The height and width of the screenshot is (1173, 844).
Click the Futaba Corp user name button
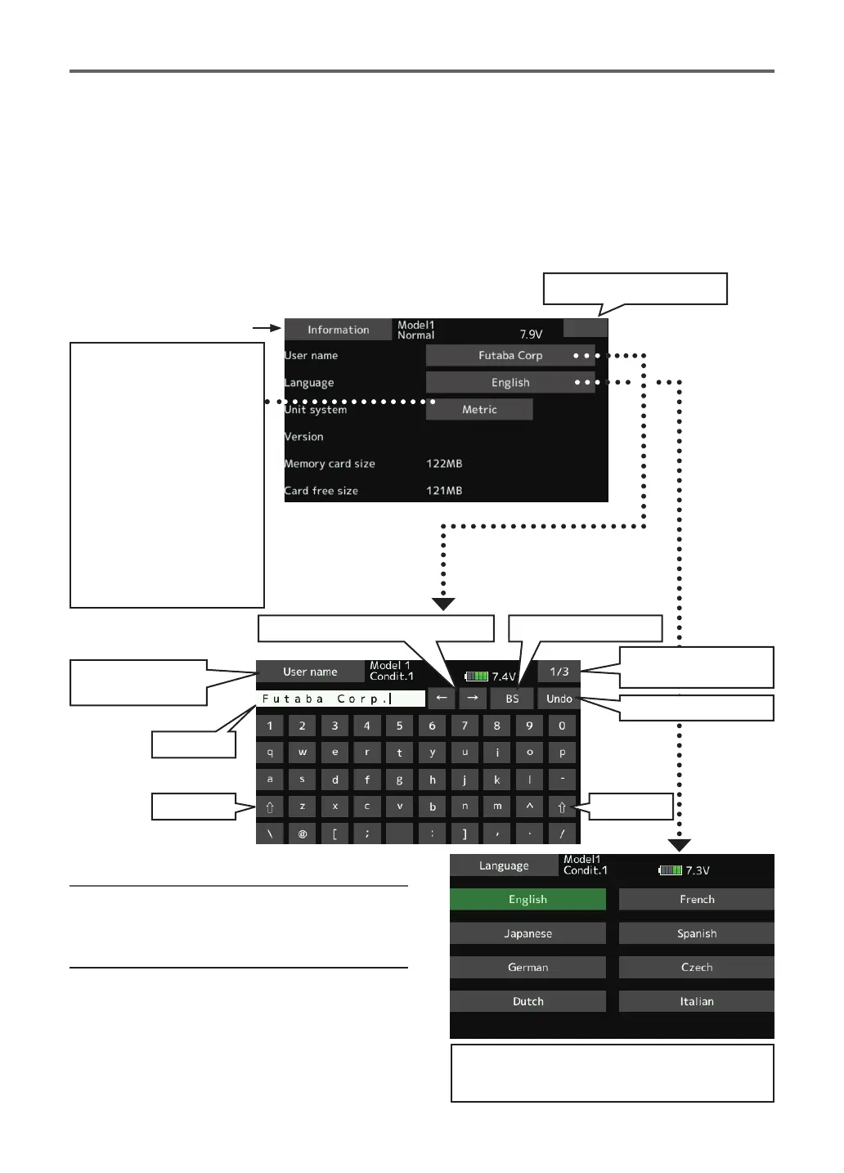pos(510,355)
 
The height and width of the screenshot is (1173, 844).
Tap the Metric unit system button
pos(479,409)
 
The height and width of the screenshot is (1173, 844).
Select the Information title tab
pos(338,330)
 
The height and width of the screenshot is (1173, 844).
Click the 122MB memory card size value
pos(444,464)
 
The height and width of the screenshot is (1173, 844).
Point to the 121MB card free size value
pos(444,491)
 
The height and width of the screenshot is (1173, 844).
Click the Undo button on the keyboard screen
pos(559,699)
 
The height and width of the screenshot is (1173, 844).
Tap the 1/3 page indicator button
pos(559,672)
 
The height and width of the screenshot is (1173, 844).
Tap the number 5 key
pos(399,726)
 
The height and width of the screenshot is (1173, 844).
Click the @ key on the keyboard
pos(302,834)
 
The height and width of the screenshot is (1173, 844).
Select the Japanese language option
pos(527,933)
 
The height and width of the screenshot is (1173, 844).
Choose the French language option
pos(697,899)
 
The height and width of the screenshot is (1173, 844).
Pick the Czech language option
pos(697,967)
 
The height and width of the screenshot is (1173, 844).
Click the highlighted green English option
pos(527,899)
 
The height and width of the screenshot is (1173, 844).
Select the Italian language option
pos(697,1001)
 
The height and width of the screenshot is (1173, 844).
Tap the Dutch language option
pos(527,1001)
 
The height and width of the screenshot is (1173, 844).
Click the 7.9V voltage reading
pos(531,335)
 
